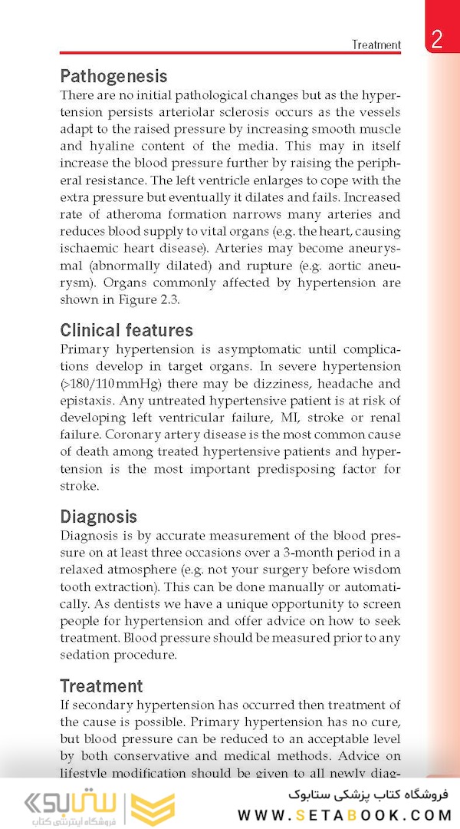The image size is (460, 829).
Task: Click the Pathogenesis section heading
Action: tap(113, 77)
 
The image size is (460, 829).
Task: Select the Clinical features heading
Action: tap(127, 331)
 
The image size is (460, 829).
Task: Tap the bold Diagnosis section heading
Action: tap(98, 517)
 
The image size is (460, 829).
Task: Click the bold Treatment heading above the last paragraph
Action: tap(101, 686)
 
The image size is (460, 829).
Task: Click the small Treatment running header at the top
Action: tap(376, 45)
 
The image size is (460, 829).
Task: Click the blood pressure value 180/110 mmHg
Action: tap(114, 384)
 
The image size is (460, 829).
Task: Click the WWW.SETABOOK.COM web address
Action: tap(344, 815)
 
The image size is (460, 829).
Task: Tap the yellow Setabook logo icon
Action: tap(153, 809)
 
